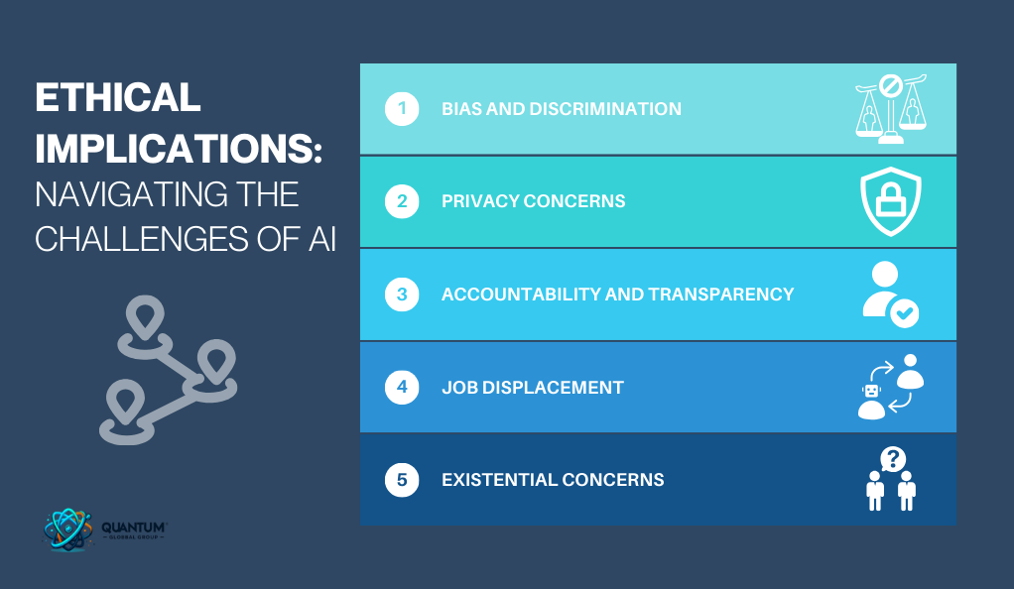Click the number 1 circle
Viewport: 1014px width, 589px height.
pyautogui.click(x=402, y=109)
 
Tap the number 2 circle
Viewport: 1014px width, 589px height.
pyautogui.click(x=402, y=201)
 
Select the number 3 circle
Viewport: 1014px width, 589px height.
pyautogui.click(x=402, y=294)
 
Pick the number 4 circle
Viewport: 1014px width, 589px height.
pyautogui.click(x=402, y=388)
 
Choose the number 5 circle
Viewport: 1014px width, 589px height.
pyautogui.click(x=402, y=480)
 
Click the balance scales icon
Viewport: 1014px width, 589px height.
pyautogui.click(x=891, y=109)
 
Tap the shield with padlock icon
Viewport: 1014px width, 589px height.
pyautogui.click(x=891, y=201)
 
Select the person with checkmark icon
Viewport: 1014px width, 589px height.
pyautogui.click(x=891, y=294)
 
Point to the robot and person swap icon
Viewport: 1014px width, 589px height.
pyautogui.click(x=891, y=387)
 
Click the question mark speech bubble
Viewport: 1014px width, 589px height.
pyautogui.click(x=893, y=460)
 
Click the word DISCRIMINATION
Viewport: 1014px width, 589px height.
pyautogui.click(x=605, y=109)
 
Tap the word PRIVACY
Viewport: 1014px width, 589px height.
pyautogui.click(x=480, y=201)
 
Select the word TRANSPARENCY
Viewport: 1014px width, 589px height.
pyautogui.click(x=721, y=294)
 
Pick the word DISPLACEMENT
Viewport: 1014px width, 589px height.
pyautogui.click(x=553, y=388)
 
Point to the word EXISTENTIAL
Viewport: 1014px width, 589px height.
pyautogui.click(x=499, y=480)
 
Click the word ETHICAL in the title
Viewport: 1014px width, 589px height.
pyautogui.click(x=118, y=97)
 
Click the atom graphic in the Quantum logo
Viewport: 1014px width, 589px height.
pyautogui.click(x=67, y=530)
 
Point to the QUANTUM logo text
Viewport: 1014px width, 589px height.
pyautogui.click(x=134, y=528)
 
